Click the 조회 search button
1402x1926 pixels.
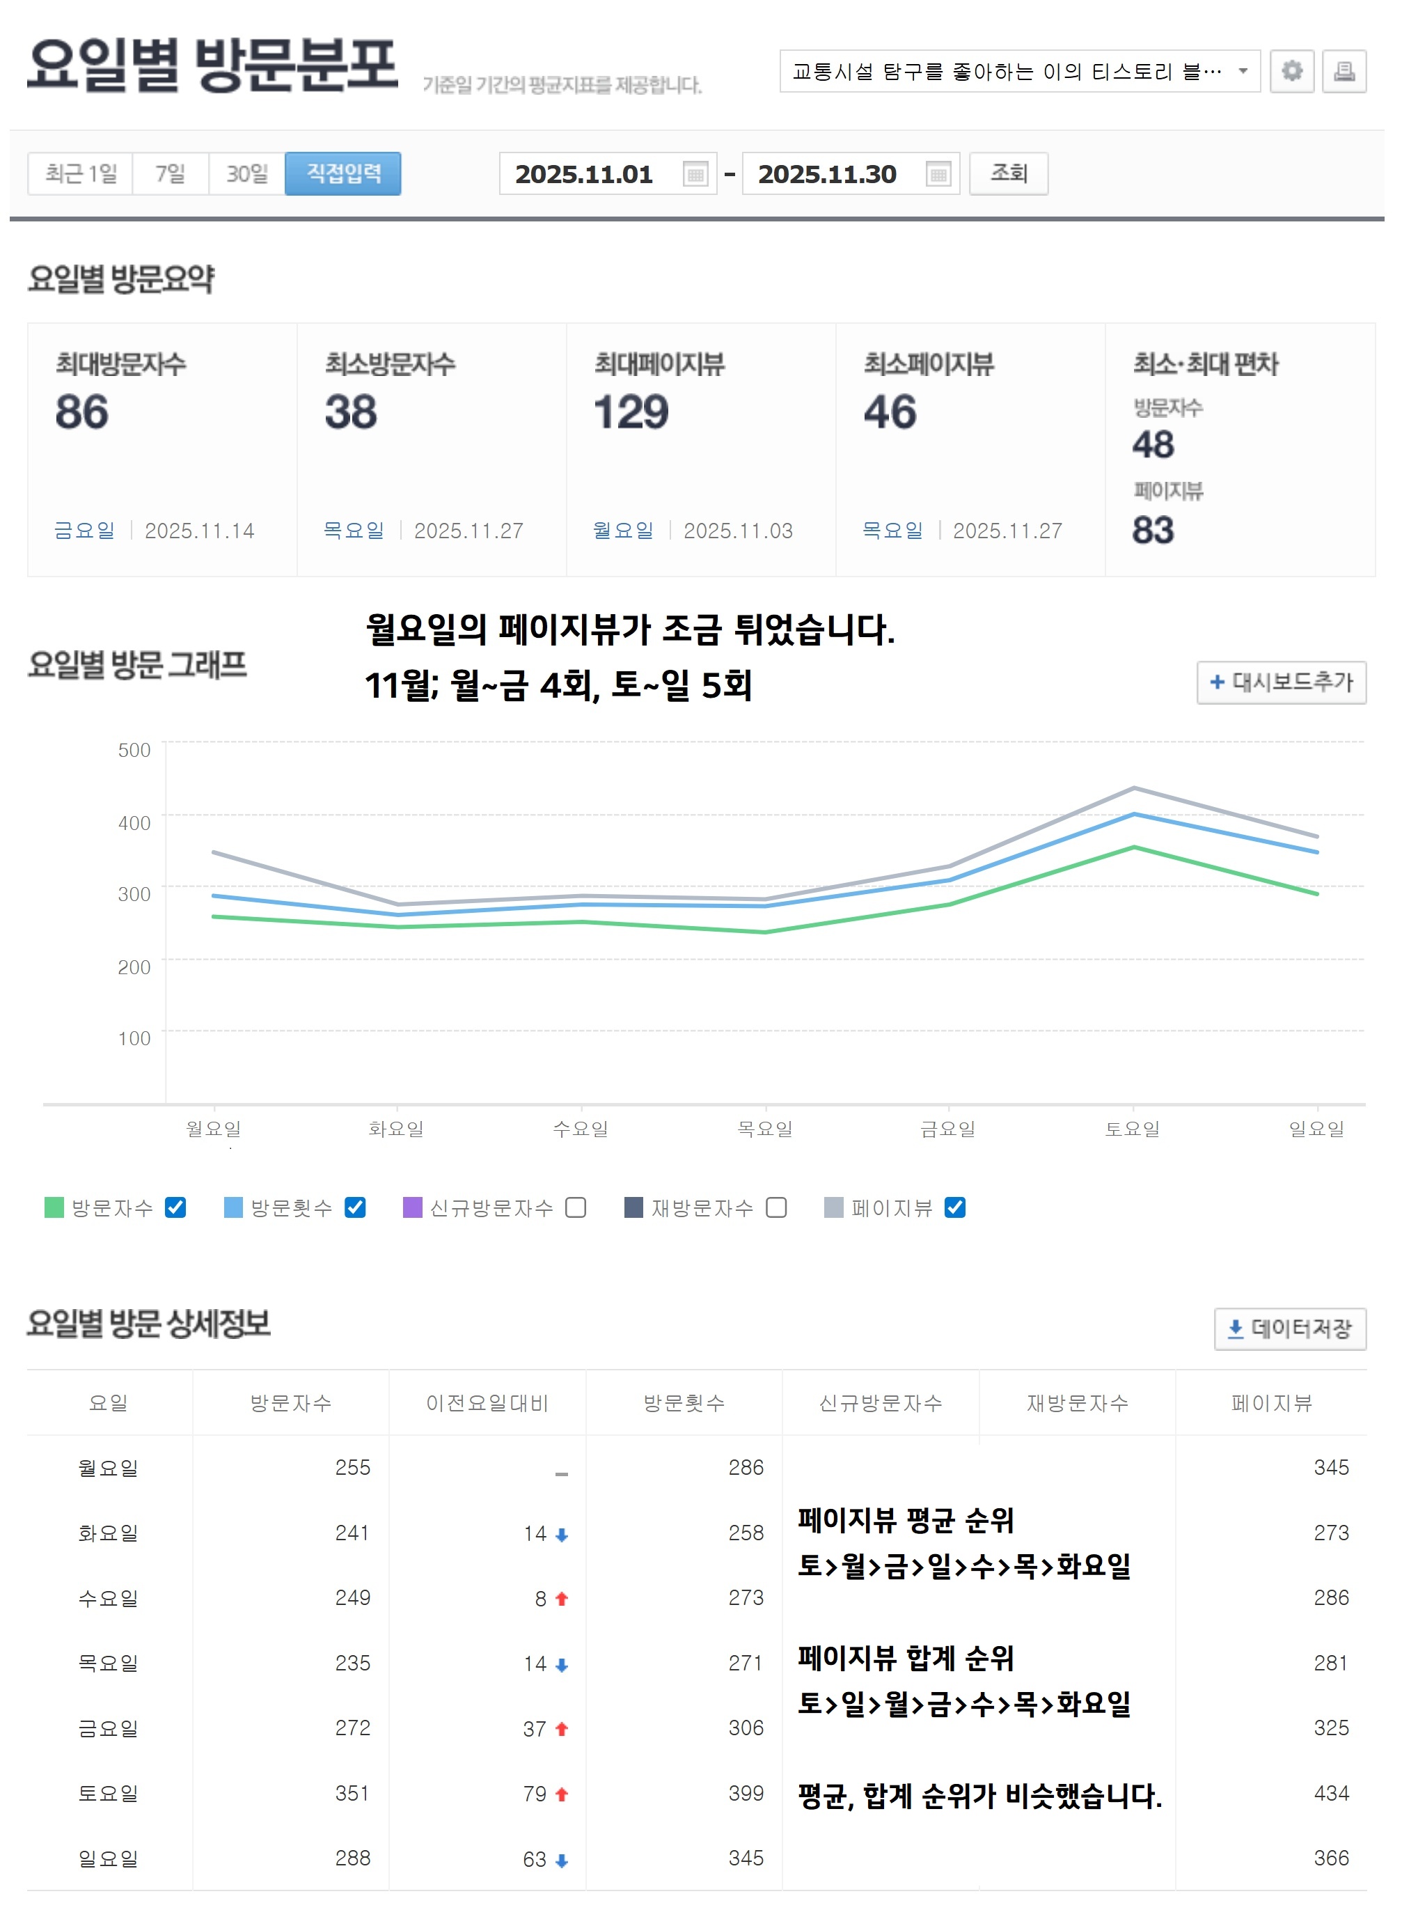click(x=1008, y=173)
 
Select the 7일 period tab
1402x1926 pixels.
click(x=170, y=173)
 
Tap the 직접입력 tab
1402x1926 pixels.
click(x=342, y=173)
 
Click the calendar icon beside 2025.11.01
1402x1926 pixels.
click(x=695, y=174)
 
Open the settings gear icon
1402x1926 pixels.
click(x=1291, y=70)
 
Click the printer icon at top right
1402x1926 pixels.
click(x=1344, y=70)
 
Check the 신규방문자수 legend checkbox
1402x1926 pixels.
click(x=576, y=1207)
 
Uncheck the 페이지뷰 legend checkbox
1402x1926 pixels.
click(x=954, y=1207)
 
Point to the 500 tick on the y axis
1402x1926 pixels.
click(x=134, y=750)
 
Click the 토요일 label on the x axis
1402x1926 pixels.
click(x=1132, y=1129)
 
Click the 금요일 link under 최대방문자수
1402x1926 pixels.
click(x=84, y=531)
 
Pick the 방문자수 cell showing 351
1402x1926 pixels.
click(x=352, y=1793)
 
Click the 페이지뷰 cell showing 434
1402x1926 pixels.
click(x=1331, y=1793)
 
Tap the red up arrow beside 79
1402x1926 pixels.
click(x=561, y=1794)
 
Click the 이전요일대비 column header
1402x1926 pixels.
click(x=487, y=1403)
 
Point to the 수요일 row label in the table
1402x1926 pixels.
click(x=108, y=1598)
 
